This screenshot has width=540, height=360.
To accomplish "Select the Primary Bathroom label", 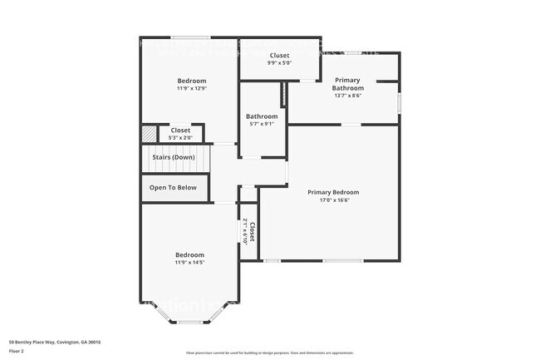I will coord(348,84).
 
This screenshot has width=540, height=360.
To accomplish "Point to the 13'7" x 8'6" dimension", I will coord(348,96).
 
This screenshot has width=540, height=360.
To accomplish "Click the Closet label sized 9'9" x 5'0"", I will coord(280,55).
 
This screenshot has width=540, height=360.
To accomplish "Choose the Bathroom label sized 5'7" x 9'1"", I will coord(262,116).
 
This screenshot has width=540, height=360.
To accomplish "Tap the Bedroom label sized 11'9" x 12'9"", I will coord(191,81).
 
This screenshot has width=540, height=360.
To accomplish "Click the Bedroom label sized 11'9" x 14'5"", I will coord(189,254).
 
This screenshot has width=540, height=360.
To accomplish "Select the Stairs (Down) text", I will coord(173,157).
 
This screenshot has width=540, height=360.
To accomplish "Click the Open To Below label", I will coord(173,188).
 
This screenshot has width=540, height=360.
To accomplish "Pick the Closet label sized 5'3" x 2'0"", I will coord(180,131).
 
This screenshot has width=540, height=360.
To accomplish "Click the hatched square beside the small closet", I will coord(149,134).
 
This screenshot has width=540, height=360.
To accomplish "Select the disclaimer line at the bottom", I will coord(269,353).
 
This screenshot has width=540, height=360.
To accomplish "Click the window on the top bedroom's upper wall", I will coord(190,37).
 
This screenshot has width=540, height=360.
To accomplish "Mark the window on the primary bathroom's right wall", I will coord(399,103).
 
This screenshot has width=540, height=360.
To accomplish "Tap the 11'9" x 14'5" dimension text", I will coord(189,263).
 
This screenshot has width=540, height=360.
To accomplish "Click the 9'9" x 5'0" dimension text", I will coord(280,62).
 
